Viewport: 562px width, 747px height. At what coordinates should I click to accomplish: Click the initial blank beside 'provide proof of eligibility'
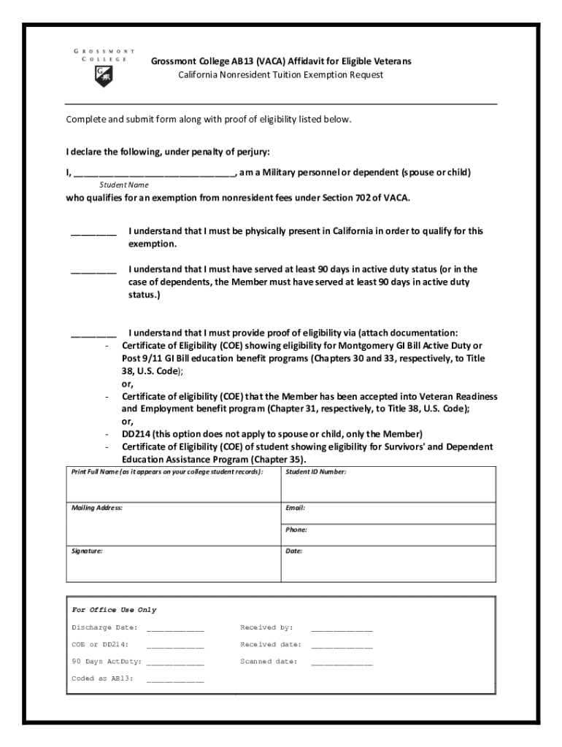[93, 336]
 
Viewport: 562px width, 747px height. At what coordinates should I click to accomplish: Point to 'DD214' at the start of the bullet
[136, 433]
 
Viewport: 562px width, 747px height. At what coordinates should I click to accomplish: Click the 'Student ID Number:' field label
[316, 472]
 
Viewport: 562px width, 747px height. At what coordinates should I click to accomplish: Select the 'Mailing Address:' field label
[97, 507]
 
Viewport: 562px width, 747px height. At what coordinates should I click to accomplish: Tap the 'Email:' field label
[296, 507]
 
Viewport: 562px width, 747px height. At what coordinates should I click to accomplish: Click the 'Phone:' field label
[296, 530]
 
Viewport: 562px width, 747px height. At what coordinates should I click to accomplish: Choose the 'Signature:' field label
[87, 551]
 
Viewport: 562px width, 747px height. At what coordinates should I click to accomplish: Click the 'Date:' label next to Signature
[293, 551]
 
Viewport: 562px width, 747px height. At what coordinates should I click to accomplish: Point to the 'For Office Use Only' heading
[114, 610]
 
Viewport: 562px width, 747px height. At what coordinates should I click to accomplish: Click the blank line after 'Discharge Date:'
[175, 629]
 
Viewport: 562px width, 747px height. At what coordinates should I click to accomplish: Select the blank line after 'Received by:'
[342, 629]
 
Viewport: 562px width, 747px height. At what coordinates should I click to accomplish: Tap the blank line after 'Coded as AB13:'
[175, 680]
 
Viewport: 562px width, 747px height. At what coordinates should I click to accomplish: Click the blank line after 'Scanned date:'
[342, 663]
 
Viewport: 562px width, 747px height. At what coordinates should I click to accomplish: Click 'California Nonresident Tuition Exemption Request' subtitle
[281, 75]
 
